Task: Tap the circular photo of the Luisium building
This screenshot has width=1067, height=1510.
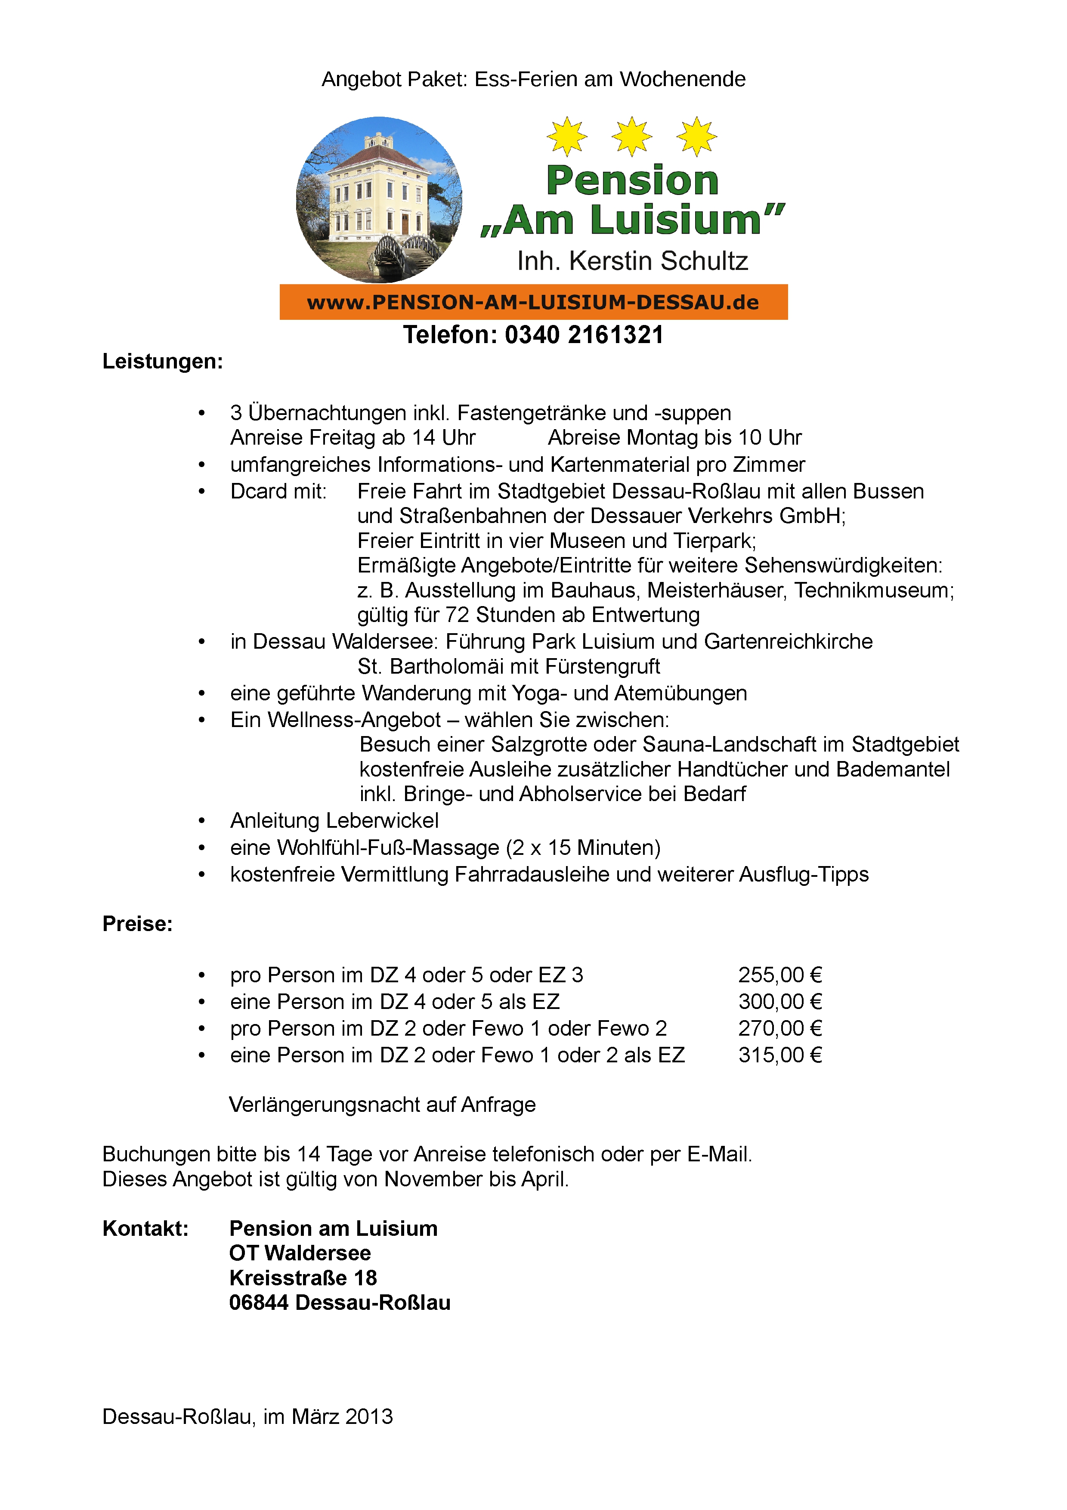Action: tap(379, 200)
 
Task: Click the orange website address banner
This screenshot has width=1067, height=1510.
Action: tap(533, 302)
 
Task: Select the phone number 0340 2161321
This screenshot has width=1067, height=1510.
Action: tap(584, 335)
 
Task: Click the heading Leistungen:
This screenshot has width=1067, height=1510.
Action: tap(162, 361)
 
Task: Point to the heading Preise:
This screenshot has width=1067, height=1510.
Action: tap(137, 923)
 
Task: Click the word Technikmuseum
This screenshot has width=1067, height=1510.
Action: tap(873, 590)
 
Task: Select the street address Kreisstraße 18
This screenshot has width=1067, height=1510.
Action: tap(303, 1278)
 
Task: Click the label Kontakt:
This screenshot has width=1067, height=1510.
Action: tap(145, 1228)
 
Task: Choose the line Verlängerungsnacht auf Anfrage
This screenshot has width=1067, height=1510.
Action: tap(382, 1104)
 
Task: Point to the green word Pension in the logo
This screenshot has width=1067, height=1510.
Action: tap(632, 180)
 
